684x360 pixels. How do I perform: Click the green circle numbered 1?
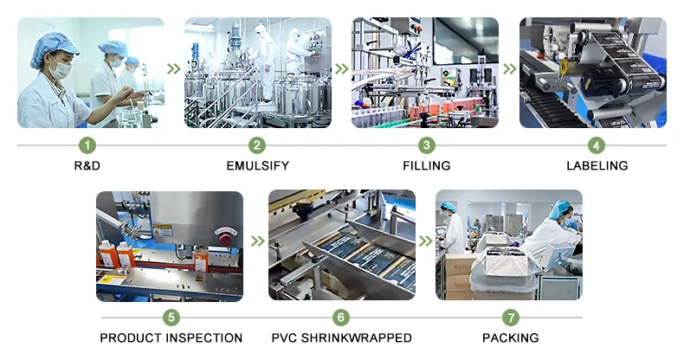point(87,145)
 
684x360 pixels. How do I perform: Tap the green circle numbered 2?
point(257,145)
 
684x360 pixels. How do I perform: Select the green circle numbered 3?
point(425,145)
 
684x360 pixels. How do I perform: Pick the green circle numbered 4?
point(597,145)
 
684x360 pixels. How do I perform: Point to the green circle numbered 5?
point(171,318)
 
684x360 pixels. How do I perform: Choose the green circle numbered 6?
point(341,318)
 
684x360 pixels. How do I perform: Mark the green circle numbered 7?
point(510,318)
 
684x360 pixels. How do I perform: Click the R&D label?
point(87,165)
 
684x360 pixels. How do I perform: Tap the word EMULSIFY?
point(257,165)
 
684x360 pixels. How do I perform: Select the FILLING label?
point(425,165)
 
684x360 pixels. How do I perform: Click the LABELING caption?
point(597,165)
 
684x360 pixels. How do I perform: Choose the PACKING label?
point(510,337)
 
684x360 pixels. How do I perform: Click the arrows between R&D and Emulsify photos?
point(174,68)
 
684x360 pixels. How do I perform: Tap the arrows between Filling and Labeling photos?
point(510,68)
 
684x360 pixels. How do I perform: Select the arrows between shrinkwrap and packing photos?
point(426,241)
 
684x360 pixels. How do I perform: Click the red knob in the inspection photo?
point(225,237)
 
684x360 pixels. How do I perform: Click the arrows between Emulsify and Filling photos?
point(342,68)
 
